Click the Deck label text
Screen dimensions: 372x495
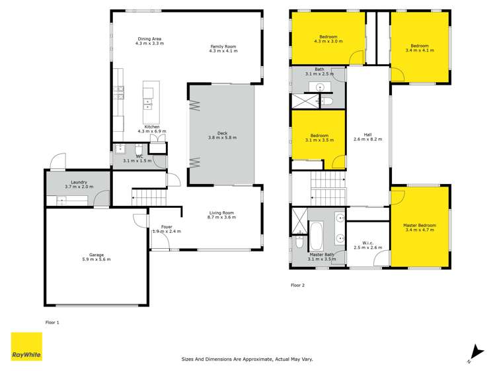(222, 135)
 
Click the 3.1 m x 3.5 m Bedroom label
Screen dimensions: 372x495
(319, 137)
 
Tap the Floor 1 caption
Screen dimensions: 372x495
(52, 322)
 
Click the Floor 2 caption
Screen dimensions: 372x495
(298, 285)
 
